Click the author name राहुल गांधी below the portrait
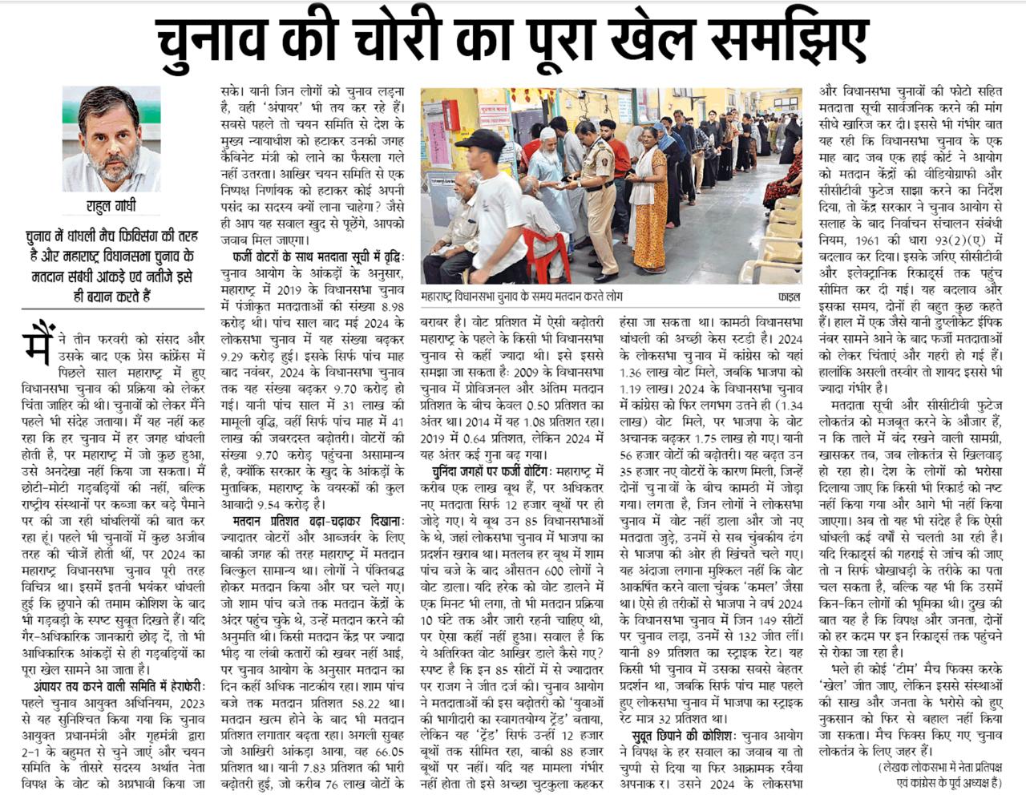[111, 207]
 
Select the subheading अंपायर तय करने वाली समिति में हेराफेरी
[120, 687]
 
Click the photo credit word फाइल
[789, 297]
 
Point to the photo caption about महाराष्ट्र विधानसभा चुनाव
[522, 297]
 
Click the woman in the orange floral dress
[649, 200]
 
